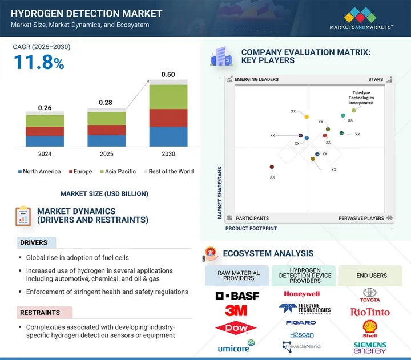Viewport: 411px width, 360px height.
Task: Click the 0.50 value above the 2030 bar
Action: pos(168,75)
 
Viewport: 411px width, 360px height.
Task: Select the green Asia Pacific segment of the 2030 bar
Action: pos(168,97)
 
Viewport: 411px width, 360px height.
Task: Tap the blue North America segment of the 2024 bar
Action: pos(45,141)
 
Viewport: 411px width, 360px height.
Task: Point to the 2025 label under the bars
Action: pos(106,154)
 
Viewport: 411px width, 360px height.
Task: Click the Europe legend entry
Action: pos(80,172)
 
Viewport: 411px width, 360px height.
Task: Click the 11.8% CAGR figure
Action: pos(38,63)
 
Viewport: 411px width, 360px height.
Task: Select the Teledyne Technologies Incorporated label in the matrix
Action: pos(361,98)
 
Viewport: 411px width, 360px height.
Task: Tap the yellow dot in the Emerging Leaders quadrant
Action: pos(307,117)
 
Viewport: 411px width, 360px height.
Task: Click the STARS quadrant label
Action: pos(376,80)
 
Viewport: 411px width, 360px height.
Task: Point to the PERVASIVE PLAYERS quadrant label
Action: pos(361,218)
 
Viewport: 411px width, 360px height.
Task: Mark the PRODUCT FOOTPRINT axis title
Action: pos(251,229)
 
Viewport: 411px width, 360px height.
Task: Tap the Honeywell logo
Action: pos(301,294)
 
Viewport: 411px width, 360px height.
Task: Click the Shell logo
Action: pos(370,328)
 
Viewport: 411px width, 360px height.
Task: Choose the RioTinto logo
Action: pos(370,312)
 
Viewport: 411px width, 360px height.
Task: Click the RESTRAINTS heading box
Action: pos(44,313)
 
